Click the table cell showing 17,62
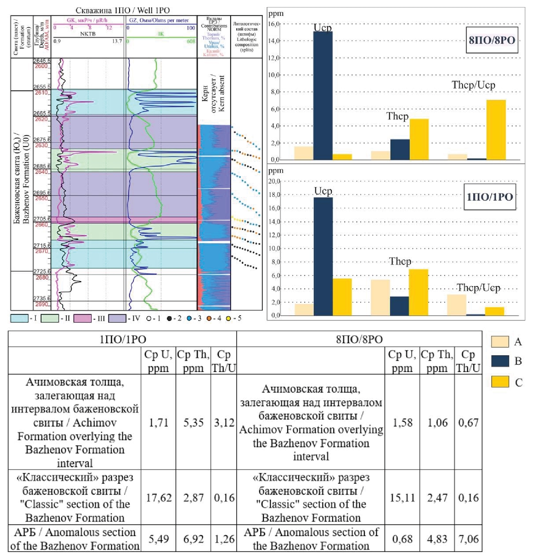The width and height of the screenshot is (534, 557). pyautogui.click(x=159, y=498)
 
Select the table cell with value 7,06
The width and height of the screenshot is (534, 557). pyautogui.click(x=468, y=539)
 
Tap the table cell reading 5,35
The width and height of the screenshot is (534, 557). pyautogui.click(x=193, y=422)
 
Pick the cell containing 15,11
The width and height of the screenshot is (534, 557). pyautogui.click(x=402, y=498)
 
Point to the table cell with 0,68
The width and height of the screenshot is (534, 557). pyautogui.click(x=402, y=539)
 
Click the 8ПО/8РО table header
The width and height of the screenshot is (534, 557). pyautogui.click(x=359, y=339)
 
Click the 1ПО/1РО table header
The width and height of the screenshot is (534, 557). pyautogui.click(x=123, y=339)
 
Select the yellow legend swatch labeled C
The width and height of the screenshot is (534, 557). pyautogui.click(x=500, y=382)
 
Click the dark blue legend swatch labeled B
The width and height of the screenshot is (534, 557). pyautogui.click(x=500, y=361)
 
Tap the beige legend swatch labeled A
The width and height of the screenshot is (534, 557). pyautogui.click(x=500, y=342)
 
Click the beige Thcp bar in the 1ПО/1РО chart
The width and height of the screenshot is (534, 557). pyautogui.click(x=380, y=298)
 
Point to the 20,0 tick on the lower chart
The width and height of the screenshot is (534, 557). pyautogui.click(x=274, y=181)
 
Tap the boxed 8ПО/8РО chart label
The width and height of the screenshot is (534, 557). pyautogui.click(x=492, y=40)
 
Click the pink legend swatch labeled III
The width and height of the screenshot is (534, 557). pyautogui.click(x=82, y=318)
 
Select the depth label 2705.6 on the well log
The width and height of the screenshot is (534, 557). pyautogui.click(x=42, y=219)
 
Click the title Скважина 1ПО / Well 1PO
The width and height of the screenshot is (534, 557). pyautogui.click(x=122, y=10)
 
